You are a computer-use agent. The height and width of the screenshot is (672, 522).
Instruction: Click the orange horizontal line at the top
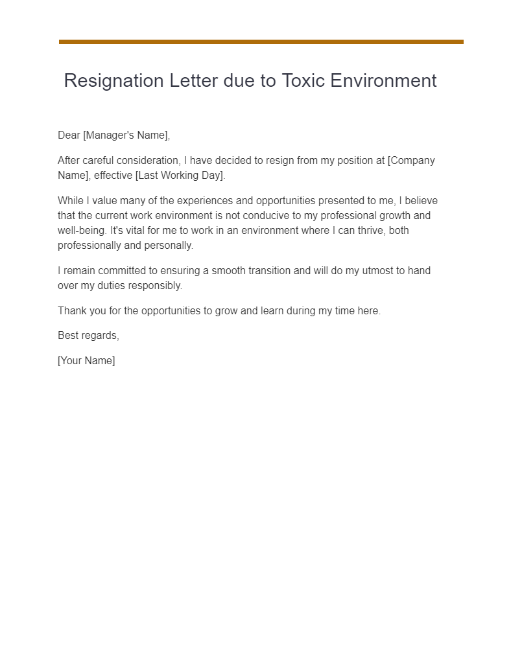click(261, 42)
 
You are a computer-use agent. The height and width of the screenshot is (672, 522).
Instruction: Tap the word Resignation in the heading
click(113, 81)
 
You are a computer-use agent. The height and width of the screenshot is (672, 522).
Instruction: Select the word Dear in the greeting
click(69, 135)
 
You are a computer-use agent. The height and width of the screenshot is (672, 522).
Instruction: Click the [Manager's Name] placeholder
click(126, 135)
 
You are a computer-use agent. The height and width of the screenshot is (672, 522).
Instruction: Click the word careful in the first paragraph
click(100, 161)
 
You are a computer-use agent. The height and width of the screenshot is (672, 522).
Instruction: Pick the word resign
click(281, 161)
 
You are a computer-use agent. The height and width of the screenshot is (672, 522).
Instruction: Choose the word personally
click(170, 246)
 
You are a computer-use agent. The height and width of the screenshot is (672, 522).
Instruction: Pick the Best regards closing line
click(88, 336)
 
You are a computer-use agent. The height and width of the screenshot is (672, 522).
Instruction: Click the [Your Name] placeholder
click(86, 361)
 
